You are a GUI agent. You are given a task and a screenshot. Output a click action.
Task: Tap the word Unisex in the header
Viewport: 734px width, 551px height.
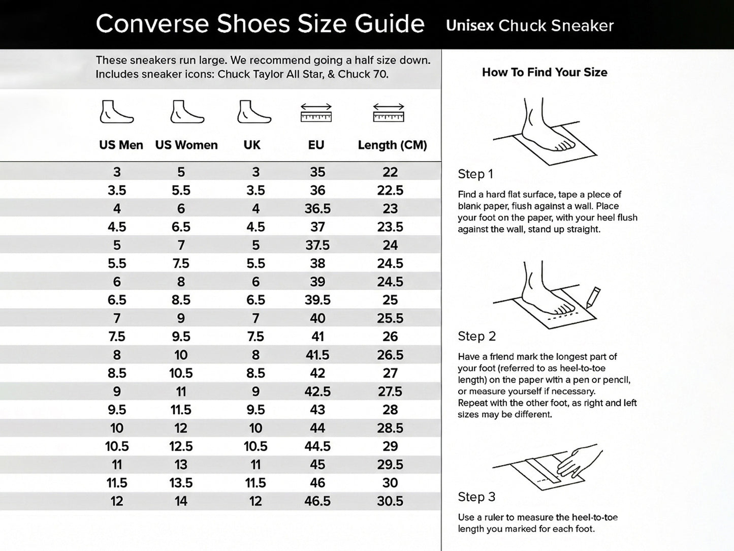point(470,25)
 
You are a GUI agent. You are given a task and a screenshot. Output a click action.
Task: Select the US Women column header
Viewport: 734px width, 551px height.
point(186,145)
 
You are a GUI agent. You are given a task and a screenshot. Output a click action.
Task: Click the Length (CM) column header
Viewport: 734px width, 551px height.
point(392,145)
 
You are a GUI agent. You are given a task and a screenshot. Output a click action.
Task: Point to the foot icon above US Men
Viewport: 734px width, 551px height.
point(116,112)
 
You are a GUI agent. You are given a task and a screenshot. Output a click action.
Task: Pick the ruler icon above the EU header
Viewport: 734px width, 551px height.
point(316,113)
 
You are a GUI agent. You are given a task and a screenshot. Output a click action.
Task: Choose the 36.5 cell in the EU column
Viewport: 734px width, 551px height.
point(317,208)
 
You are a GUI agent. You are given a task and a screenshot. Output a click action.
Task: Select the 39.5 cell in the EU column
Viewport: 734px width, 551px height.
point(317,300)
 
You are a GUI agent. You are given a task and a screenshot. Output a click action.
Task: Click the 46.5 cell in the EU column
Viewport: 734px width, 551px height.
point(317,501)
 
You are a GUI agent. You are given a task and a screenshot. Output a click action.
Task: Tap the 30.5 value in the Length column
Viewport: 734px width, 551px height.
point(390,501)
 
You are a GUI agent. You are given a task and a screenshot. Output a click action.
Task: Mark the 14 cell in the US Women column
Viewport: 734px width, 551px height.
point(181,501)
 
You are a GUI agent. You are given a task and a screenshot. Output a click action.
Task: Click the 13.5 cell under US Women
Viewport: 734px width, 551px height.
point(181,483)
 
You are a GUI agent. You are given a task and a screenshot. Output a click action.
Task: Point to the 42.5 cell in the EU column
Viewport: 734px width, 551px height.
point(317,391)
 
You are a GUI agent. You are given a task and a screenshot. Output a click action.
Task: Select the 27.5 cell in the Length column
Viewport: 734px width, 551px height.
point(390,391)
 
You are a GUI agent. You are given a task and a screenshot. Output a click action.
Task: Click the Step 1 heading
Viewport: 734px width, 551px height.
point(475,174)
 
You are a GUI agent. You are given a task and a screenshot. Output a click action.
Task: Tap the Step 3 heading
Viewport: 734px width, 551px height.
point(476,497)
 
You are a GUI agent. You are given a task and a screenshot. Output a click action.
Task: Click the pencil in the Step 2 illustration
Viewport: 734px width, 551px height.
point(593,297)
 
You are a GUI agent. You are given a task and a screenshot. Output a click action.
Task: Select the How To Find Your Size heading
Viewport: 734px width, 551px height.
point(545,72)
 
